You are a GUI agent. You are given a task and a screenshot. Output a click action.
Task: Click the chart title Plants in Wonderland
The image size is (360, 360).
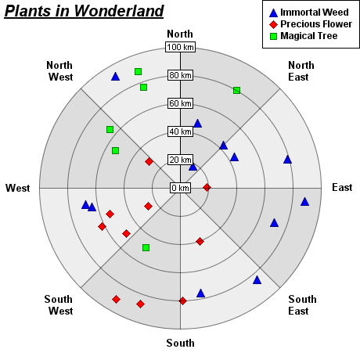tap(84, 12)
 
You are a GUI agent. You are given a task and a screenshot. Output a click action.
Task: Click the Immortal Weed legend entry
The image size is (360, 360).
tap(309, 13)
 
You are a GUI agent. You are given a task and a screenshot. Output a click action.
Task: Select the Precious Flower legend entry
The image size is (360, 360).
tap(311, 24)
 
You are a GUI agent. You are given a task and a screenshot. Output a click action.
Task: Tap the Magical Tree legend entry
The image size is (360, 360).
tap(304, 36)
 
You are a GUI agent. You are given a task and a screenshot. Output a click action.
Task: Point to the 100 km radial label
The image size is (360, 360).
tap(180, 47)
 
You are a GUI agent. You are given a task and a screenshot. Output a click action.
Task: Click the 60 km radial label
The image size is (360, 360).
tap(180, 103)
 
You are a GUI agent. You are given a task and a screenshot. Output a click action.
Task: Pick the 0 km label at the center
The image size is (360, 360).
tap(180, 188)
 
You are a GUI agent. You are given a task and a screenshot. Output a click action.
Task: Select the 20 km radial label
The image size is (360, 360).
tap(180, 160)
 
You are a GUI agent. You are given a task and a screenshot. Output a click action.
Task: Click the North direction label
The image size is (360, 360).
tap(180, 34)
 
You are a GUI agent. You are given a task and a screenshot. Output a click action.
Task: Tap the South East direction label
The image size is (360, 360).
tap(302, 305)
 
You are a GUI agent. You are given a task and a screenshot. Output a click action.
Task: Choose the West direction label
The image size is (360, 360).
tap(18, 188)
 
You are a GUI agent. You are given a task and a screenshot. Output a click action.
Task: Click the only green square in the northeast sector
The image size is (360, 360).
tap(236, 91)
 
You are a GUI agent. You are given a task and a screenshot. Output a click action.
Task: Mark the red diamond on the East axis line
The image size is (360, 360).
tap(207, 187)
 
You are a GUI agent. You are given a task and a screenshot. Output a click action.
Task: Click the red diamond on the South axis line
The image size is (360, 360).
tap(182, 301)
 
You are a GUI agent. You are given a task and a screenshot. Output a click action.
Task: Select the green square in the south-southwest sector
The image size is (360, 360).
tap(146, 247)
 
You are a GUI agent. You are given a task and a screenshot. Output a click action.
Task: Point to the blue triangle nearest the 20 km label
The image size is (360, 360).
tap(193, 167)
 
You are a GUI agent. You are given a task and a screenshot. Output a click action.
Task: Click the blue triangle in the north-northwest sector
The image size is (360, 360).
tap(115, 77)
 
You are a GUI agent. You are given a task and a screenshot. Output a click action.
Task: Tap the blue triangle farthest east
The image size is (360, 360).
tap(304, 202)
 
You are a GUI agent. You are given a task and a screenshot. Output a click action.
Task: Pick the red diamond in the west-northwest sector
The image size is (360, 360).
tap(149, 162)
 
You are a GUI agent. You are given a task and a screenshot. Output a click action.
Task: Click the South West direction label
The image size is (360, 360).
tap(59, 305)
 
